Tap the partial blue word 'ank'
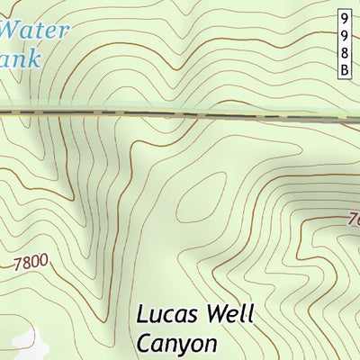22,60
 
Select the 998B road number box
345,44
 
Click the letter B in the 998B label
345,70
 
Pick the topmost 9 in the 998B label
345,18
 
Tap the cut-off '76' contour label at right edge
352,219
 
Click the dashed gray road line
180,114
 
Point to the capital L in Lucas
143,315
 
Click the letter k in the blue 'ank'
35,59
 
